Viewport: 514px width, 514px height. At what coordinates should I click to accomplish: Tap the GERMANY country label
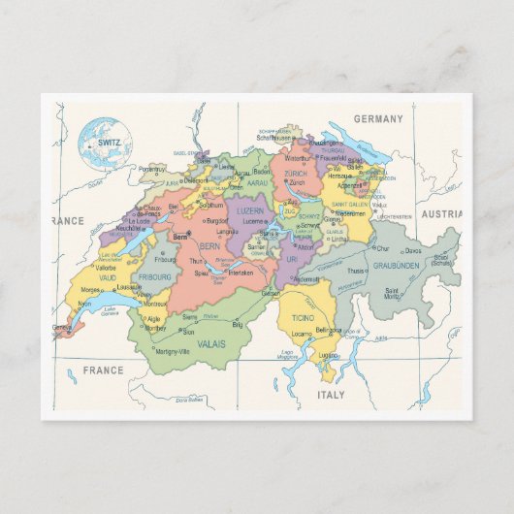click(x=376, y=118)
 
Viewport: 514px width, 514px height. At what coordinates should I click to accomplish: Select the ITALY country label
click(x=331, y=395)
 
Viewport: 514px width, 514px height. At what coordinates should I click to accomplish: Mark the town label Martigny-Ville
click(x=174, y=350)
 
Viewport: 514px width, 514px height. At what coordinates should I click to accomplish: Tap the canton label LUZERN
click(x=249, y=210)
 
